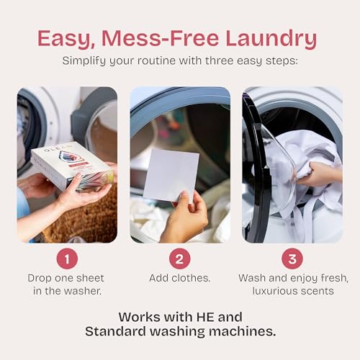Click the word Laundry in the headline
271,38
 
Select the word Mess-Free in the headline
160,38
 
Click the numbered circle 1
67,258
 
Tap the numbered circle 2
179,258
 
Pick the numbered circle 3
292,258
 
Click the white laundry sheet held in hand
171,175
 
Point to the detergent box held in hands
72,166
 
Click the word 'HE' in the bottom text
205,317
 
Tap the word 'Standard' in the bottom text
115,331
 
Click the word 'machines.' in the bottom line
243,331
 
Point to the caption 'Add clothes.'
180,278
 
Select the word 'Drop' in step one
39,279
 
